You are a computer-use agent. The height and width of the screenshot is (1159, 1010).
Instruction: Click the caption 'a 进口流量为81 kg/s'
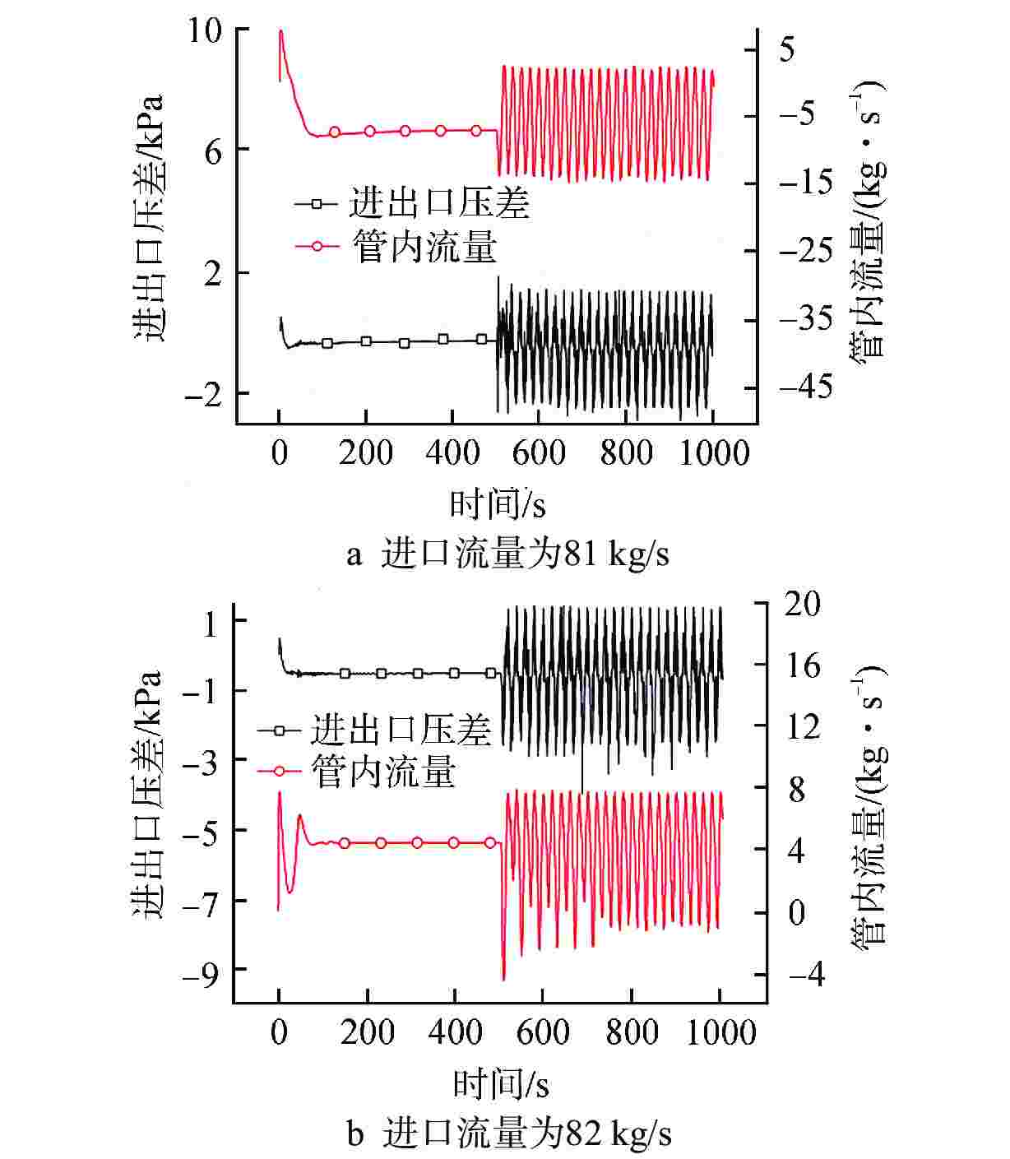coord(507,554)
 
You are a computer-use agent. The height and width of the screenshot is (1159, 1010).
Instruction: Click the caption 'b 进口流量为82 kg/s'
coord(510,1135)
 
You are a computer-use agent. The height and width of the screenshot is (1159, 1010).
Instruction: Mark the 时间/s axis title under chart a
coord(498,503)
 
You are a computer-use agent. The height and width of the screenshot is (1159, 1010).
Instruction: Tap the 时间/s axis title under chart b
coord(500,1085)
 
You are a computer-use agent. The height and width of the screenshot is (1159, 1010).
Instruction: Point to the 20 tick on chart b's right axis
coord(804,604)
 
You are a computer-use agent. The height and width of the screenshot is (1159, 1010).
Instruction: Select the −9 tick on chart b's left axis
coord(197,971)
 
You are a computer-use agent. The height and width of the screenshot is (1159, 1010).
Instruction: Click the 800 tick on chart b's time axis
coord(632,1032)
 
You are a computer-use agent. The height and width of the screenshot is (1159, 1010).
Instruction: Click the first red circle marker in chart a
coord(335,132)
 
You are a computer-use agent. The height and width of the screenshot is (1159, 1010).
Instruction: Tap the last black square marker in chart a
coord(482,339)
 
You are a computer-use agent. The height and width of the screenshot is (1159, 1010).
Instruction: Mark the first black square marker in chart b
coord(345,673)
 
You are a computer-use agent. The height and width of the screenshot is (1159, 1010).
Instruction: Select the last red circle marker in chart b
coord(490,842)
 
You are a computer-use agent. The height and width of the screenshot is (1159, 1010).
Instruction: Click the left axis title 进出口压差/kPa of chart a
coord(150,219)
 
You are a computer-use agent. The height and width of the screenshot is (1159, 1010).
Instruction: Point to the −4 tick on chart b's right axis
coord(804,975)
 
